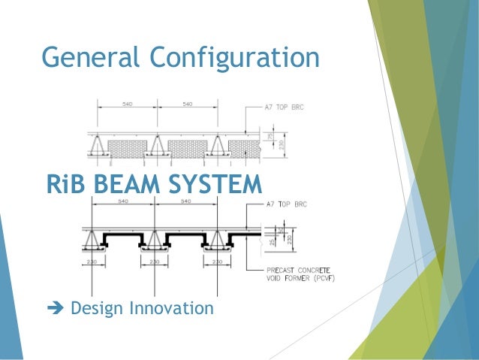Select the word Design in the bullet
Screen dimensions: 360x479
(95, 309)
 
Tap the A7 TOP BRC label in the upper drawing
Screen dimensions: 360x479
(285, 107)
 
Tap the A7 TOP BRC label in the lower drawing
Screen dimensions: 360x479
(286, 204)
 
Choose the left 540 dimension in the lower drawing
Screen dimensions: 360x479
(123, 202)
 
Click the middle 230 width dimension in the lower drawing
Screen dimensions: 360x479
(155, 262)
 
